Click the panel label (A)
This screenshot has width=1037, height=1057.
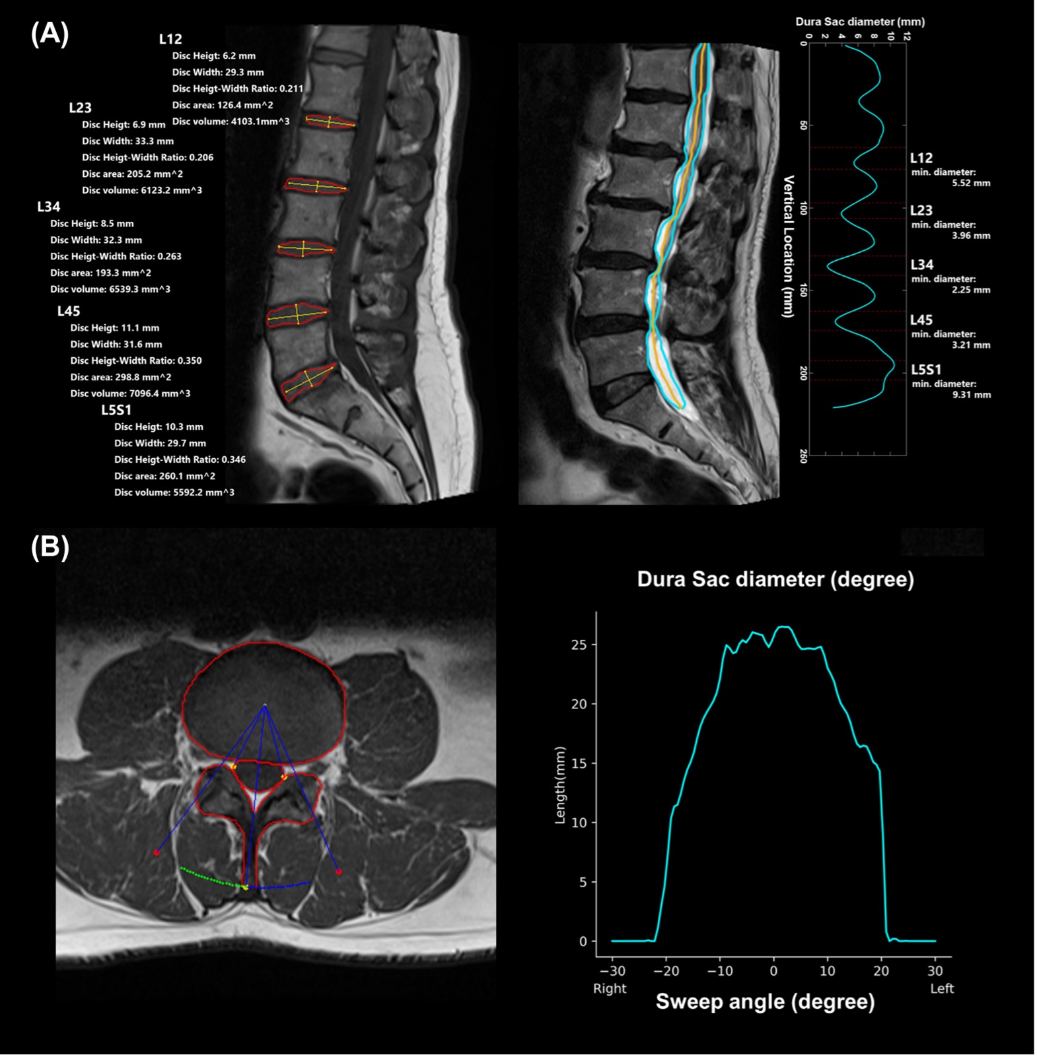click(50, 34)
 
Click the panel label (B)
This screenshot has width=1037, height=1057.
click(50, 548)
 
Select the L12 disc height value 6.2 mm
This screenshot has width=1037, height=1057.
click(213, 56)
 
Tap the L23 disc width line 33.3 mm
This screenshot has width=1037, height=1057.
click(127, 141)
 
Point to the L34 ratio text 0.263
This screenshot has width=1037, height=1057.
click(116, 256)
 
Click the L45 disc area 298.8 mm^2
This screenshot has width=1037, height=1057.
click(121, 377)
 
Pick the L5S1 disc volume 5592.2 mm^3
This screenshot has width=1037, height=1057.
click(174, 493)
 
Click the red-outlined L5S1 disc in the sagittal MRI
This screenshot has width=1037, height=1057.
click(308, 381)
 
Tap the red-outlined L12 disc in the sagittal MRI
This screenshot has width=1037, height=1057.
click(330, 121)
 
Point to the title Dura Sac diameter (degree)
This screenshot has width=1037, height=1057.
click(775, 580)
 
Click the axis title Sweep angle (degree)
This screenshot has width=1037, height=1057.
click(765, 1002)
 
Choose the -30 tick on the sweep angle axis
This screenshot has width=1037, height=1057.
click(612, 971)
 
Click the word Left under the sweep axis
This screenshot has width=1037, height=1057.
click(942, 988)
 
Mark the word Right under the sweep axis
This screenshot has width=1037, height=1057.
click(610, 988)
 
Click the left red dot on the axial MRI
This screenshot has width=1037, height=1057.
click(157, 852)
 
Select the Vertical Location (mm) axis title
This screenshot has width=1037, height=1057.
click(788, 246)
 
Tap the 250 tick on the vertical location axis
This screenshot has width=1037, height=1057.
click(803, 456)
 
